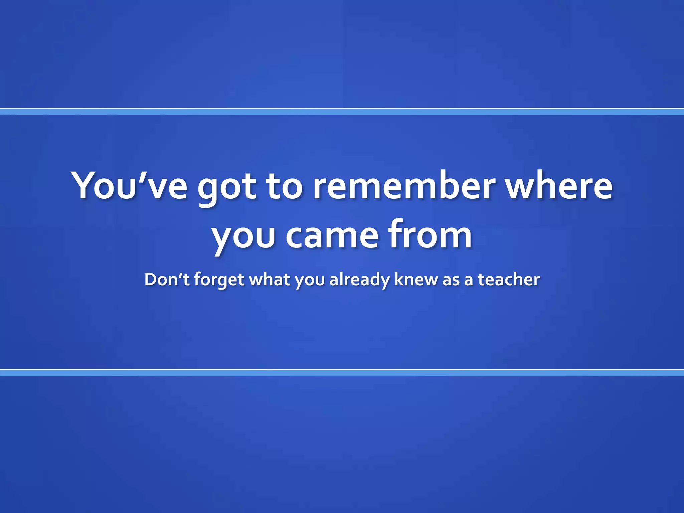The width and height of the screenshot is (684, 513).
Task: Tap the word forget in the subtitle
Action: click(x=219, y=280)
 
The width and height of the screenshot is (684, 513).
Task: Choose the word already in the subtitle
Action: click(x=359, y=280)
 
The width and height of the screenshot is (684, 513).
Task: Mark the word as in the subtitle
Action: click(x=451, y=280)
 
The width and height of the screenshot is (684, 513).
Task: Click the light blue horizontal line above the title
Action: click(x=342, y=112)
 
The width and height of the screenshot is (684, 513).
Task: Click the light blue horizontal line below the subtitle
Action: click(x=342, y=373)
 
